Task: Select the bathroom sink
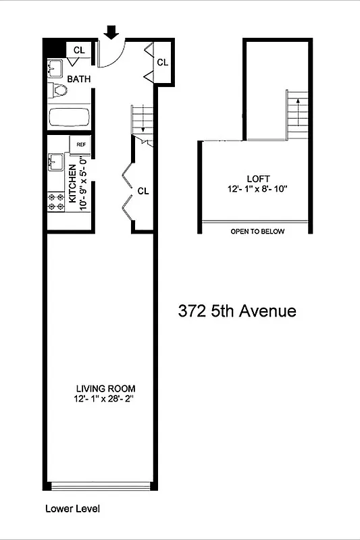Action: (55, 68)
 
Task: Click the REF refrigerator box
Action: (81, 144)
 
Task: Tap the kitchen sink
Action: (55, 163)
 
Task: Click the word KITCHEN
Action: (72, 183)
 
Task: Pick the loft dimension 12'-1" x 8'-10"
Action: (257, 189)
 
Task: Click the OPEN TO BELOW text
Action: (257, 232)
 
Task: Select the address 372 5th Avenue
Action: (237, 311)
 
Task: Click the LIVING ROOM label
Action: (105, 388)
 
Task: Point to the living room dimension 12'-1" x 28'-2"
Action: (105, 399)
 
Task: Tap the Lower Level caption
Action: (72, 509)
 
